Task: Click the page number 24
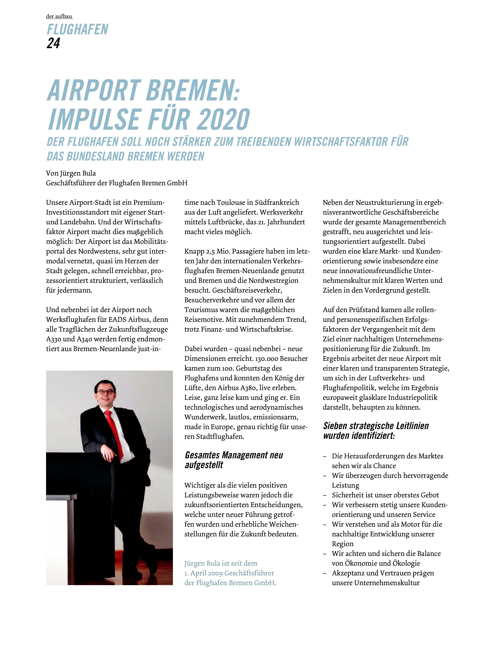[53, 43]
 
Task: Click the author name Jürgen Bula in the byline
[78, 173]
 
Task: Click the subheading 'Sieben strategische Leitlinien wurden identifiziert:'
[376, 430]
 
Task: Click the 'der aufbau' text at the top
[59, 17]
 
